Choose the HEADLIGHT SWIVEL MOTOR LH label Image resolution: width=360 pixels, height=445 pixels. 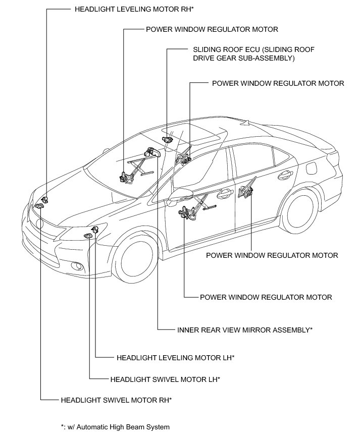click(x=165, y=378)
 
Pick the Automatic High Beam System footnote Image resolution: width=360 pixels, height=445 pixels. click(x=115, y=427)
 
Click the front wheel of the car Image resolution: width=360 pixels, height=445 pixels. click(x=137, y=262)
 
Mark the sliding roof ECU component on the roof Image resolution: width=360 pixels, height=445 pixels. click(x=168, y=139)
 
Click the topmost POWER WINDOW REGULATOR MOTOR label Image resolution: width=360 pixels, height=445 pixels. click(x=212, y=29)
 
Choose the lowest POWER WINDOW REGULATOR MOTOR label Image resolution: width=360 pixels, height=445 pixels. click(x=266, y=297)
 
